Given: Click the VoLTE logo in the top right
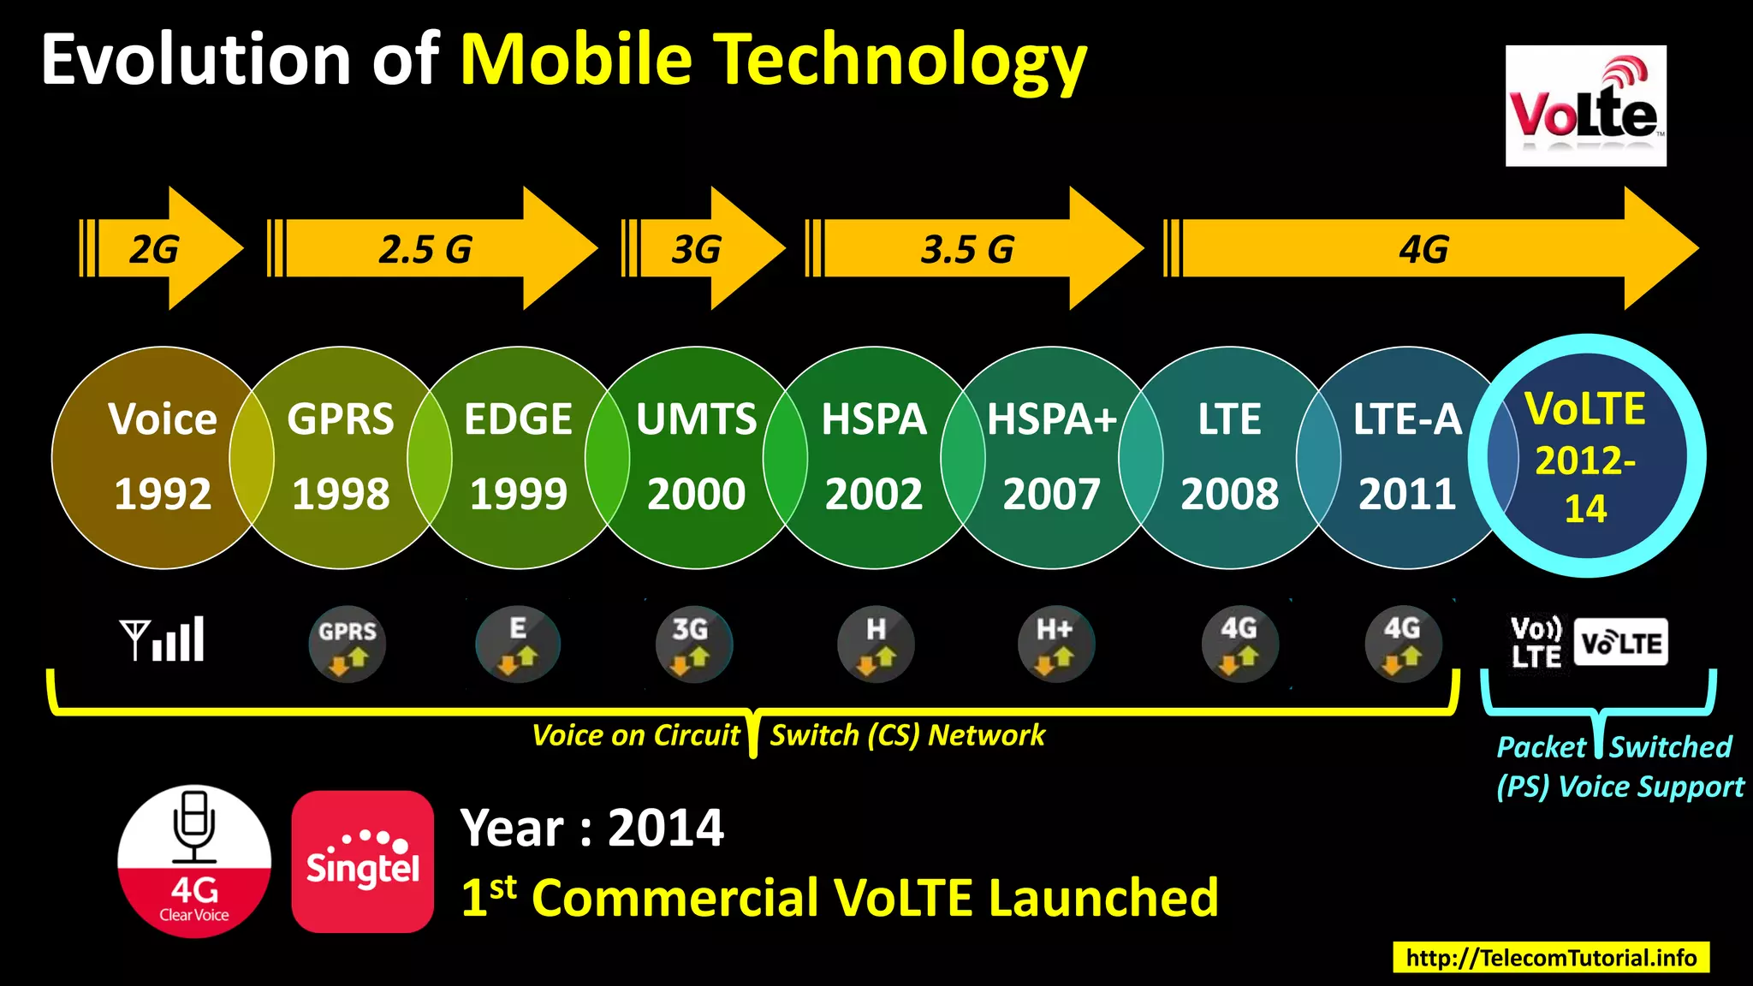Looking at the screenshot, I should point(1585,106).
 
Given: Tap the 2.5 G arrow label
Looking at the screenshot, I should point(425,250).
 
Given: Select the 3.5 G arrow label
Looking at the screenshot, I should point(967,250).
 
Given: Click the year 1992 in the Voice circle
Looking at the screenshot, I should point(163,494).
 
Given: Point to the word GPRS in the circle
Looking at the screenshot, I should point(341,419).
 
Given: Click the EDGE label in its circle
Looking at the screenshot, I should point(518,419).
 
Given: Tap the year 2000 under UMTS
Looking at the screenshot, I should point(696,494).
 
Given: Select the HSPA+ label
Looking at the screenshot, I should point(1052,419).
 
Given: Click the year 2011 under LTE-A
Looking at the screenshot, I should point(1407,494).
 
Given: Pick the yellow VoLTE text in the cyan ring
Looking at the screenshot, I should point(1585,408).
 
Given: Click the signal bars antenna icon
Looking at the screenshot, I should point(163,639).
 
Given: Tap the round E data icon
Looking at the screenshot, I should point(518,644).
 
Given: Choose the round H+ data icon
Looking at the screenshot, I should point(1055,644).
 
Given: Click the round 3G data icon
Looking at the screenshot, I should point(693,644).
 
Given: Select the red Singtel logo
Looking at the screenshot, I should point(362,861).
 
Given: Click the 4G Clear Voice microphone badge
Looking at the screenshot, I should point(194,861).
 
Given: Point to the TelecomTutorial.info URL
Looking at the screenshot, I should point(1551,957).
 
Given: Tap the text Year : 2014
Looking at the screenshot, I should point(591,829).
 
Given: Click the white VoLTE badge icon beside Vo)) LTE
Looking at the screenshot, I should point(1620,643).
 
